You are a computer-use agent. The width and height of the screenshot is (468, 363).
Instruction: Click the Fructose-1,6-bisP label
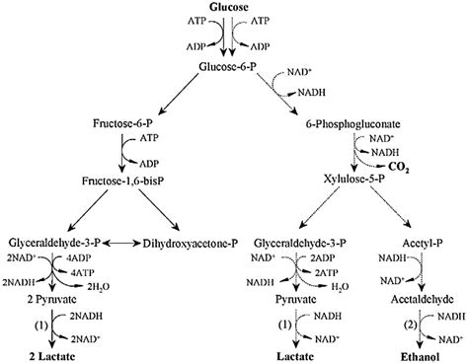click(122, 183)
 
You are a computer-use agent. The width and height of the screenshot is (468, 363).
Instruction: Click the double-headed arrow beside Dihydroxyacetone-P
click(136, 240)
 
